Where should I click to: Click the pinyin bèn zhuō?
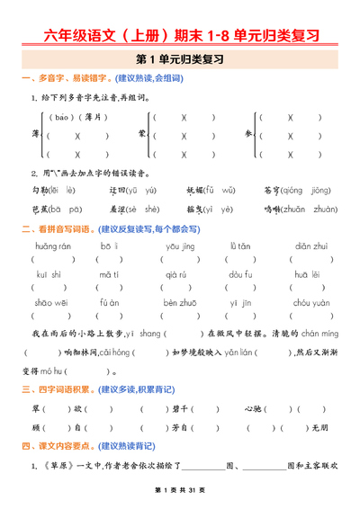[x=180, y=303]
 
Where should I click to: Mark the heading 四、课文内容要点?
[x=58, y=445]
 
